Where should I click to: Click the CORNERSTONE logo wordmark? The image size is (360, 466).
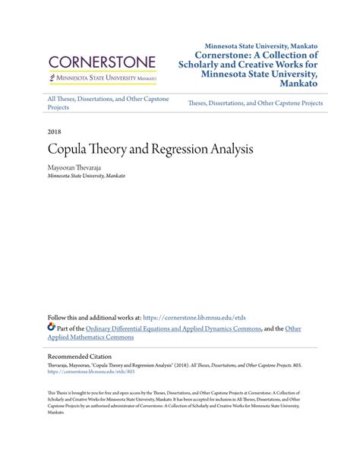102,62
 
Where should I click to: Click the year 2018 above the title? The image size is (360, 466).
55,132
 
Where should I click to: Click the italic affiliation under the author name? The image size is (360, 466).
86,175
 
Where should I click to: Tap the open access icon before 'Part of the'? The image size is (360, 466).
52,328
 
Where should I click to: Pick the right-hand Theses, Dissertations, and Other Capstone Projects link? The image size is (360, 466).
254,103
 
